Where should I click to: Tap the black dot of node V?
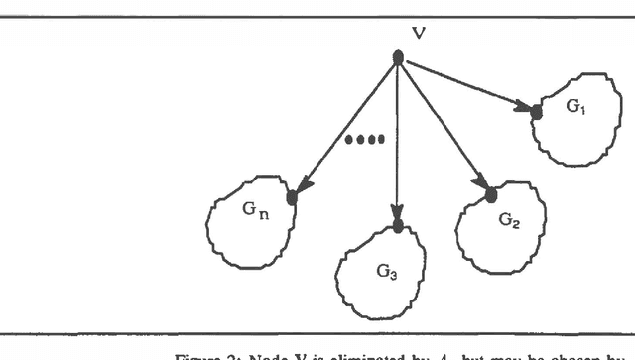398,59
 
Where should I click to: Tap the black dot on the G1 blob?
537,111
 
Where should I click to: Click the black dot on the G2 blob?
489,194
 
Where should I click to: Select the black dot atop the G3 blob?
398,226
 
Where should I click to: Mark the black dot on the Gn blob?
292,197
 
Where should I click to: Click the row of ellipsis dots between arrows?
363,140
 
